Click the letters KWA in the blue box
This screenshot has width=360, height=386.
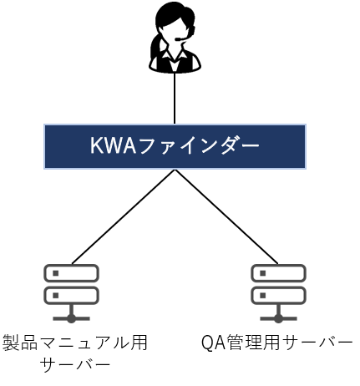113,145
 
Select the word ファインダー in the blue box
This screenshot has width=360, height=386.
198,145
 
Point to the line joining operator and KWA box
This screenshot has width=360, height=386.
175,98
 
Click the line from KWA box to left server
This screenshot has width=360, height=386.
124,216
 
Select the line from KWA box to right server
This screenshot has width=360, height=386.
226,216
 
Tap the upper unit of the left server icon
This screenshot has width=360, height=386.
71,273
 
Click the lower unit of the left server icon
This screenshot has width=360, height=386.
71,295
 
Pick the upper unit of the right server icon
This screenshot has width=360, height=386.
278,273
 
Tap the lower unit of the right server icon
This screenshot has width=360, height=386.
278,295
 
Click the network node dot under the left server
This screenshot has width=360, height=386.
71,318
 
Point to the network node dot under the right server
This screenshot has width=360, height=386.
278,318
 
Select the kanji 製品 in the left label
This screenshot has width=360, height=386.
20,343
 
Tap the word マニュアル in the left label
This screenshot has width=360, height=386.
84,343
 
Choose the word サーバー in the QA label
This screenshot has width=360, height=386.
317,343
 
